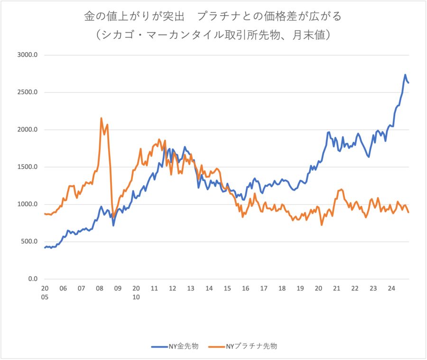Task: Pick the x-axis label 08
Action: [99, 288]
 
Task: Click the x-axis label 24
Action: [391, 288]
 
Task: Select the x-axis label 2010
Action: [136, 292]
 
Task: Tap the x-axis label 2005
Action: [45, 292]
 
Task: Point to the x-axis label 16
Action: [245, 288]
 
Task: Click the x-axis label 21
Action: [336, 288]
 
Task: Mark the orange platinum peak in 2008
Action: [101, 118]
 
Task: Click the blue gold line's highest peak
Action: [405, 74]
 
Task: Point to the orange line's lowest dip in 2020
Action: [322, 225]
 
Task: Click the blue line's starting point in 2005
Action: [45, 248]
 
